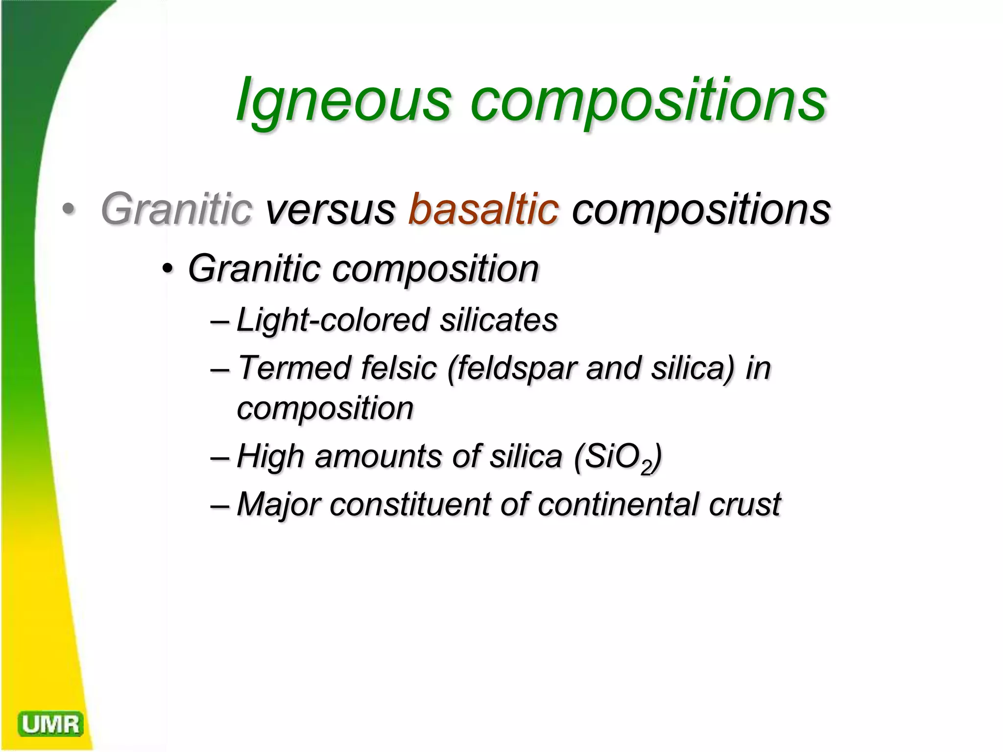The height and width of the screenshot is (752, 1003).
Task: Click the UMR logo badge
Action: pyautogui.click(x=50, y=724)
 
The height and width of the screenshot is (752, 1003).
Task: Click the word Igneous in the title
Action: pyautogui.click(x=343, y=100)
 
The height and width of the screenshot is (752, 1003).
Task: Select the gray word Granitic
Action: pyautogui.click(x=176, y=210)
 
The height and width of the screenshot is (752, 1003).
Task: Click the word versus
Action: pyautogui.click(x=330, y=210)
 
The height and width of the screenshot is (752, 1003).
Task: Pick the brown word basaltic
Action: pyautogui.click(x=483, y=210)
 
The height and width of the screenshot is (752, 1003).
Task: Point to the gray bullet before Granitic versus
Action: pyautogui.click(x=69, y=210)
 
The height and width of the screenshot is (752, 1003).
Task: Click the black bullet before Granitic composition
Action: pyautogui.click(x=167, y=269)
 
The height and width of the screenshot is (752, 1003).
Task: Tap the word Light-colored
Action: pyautogui.click(x=333, y=320)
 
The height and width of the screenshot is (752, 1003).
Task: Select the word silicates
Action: pyautogui.click(x=498, y=320)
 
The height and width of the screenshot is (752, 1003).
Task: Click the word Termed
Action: pyautogui.click(x=294, y=368)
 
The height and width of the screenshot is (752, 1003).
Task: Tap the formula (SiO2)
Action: pyautogui.click(x=618, y=457)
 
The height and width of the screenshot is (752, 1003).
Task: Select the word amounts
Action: pyautogui.click(x=378, y=456)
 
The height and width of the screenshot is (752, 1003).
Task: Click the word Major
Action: pyautogui.click(x=279, y=504)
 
